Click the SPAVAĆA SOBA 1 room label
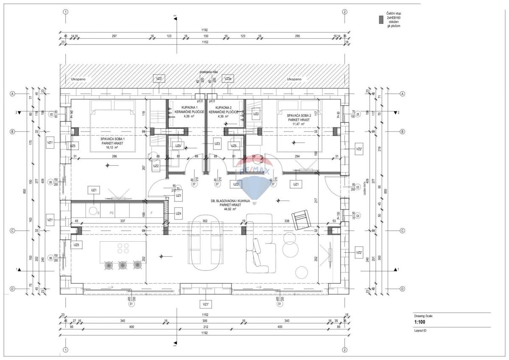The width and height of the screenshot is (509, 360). (x=112, y=139)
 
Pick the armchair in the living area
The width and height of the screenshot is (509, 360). (x=302, y=219)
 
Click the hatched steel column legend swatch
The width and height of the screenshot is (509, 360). (x=381, y=19)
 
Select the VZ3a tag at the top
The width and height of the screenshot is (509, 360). (x=228, y=79)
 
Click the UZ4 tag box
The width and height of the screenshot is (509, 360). (x=179, y=213)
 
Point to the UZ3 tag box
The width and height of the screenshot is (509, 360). (x=217, y=144)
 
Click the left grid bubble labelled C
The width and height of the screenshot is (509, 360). (x=13, y=231)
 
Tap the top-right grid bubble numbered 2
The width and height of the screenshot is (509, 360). (x=344, y=12)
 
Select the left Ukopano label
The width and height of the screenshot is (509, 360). (x=79, y=79)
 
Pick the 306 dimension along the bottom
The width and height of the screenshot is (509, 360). (x=205, y=321)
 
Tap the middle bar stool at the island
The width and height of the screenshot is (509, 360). (x=123, y=265)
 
